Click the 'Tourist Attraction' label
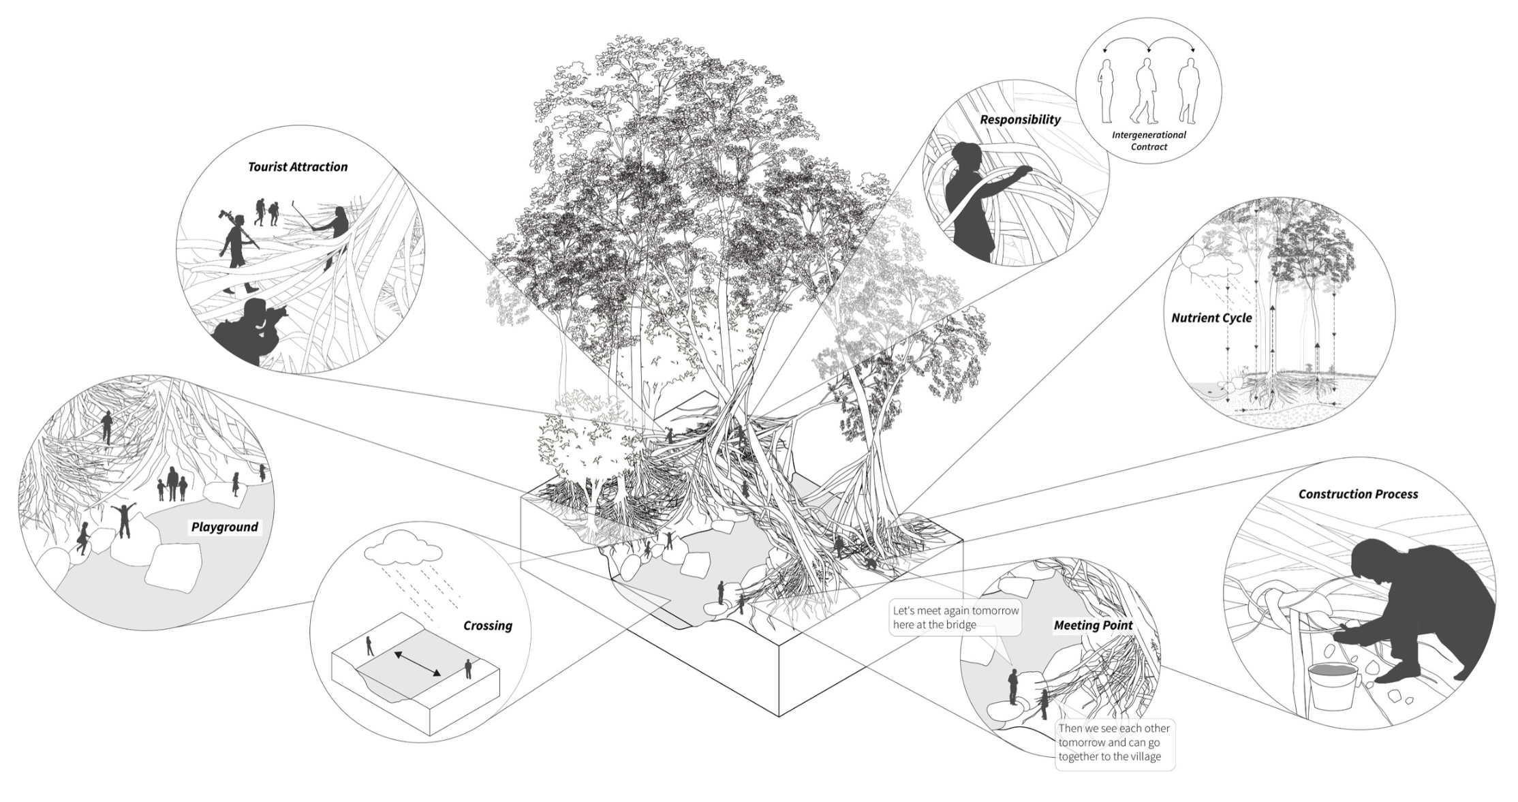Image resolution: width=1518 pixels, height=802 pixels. click(298, 167)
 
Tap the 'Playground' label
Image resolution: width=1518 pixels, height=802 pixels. click(224, 527)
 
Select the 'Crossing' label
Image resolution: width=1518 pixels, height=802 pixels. click(487, 626)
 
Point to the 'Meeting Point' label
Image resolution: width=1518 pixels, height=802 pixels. click(1093, 625)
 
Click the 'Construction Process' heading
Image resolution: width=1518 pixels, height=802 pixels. click(1357, 494)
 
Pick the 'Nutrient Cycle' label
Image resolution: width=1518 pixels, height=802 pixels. click(1211, 318)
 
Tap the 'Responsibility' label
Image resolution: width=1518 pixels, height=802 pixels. click(1020, 119)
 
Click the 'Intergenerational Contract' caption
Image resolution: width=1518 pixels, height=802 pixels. click(1149, 140)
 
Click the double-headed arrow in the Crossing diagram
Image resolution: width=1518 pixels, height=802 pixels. click(417, 663)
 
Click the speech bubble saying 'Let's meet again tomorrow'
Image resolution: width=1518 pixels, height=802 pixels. click(955, 617)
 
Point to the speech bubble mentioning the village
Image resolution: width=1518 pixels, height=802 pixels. click(1114, 743)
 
